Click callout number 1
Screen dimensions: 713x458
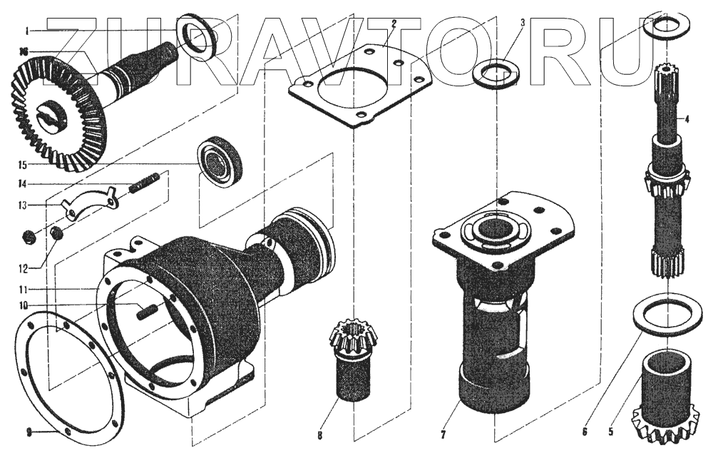28,31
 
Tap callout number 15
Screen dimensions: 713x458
23,164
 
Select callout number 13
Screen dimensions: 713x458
22,205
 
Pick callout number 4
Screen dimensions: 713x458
687,120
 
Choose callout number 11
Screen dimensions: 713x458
23,290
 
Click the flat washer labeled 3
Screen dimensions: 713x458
496,73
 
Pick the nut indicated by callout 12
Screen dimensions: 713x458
57,233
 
